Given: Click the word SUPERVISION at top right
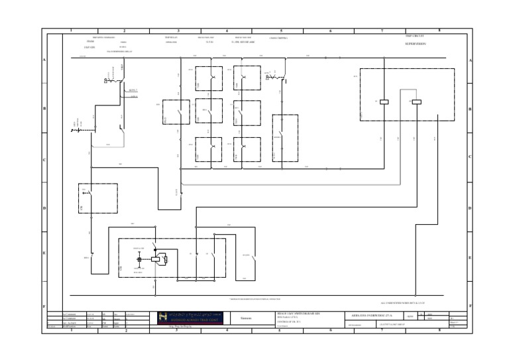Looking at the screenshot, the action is point(416,43).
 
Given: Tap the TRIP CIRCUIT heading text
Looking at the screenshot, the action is point(414,36).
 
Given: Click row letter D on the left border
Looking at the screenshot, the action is point(45,208).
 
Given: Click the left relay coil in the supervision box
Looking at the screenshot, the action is point(384,101).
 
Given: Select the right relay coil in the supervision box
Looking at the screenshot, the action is point(417,101).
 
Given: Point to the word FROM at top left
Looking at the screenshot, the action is point(90,42).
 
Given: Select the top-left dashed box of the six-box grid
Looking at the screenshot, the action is point(209,78).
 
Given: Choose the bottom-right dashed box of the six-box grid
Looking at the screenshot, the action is point(247,149).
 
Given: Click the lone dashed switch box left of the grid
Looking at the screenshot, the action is point(176,112).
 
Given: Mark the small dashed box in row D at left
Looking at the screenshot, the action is point(98,198).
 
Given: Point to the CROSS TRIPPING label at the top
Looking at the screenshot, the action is point(278,38).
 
